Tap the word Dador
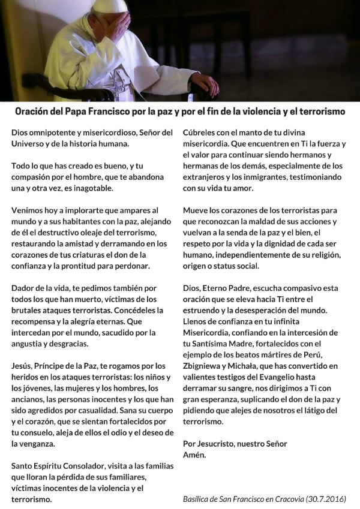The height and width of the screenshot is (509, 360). [x=24, y=288]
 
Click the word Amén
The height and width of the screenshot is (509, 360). [x=194, y=454]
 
